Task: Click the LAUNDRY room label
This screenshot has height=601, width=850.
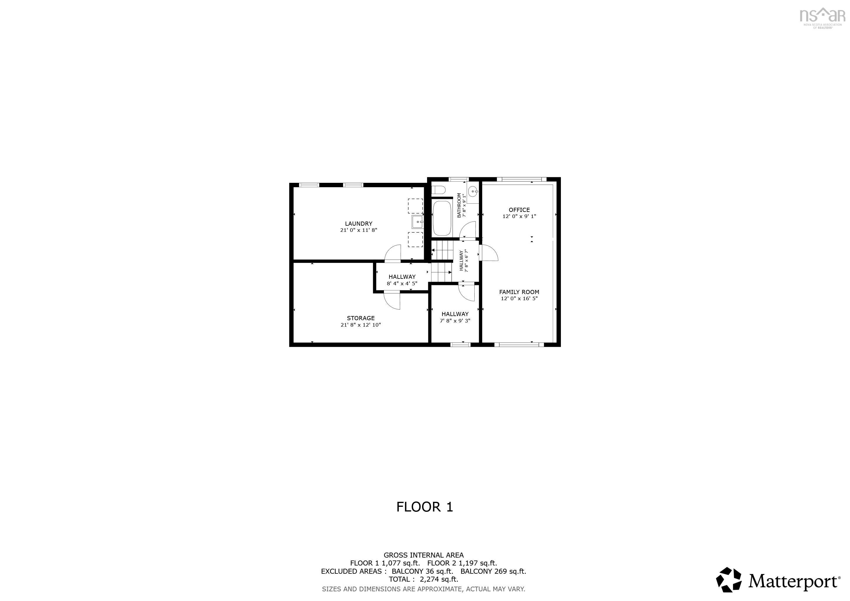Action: (x=358, y=224)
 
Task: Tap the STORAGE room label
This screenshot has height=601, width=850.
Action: (x=361, y=318)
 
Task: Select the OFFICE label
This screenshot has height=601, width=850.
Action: (x=519, y=210)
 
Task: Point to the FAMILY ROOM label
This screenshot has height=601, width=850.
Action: (x=519, y=292)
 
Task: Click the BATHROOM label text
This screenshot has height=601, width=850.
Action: (x=459, y=205)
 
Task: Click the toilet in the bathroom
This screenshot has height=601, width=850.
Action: (x=438, y=190)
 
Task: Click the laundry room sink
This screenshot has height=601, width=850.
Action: (x=417, y=222)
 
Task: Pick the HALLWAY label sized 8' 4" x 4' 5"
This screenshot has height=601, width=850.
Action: (x=402, y=277)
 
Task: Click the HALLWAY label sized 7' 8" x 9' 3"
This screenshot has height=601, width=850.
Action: (x=455, y=314)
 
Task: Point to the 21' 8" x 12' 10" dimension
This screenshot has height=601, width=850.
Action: (x=361, y=325)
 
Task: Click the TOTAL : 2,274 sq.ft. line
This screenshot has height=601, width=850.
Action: (x=424, y=579)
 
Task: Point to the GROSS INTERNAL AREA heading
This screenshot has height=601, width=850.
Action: (x=424, y=555)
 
